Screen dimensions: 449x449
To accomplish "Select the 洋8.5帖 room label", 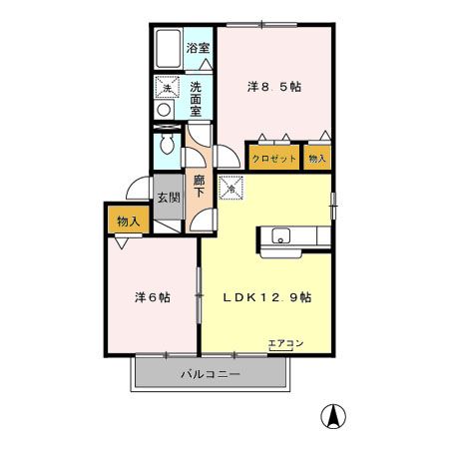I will point(274,86).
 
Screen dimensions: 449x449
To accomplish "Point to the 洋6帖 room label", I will point(153,296).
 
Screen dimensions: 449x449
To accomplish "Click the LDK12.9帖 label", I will point(266,296).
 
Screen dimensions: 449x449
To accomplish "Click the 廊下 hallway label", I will point(199,188).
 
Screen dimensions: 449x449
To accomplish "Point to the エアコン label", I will point(286,343).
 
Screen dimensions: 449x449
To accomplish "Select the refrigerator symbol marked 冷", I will point(230,185).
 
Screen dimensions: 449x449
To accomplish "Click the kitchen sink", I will point(281,236).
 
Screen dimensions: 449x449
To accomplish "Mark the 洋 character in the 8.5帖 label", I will point(253,86).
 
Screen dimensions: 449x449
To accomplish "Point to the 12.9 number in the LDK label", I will point(272,296).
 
